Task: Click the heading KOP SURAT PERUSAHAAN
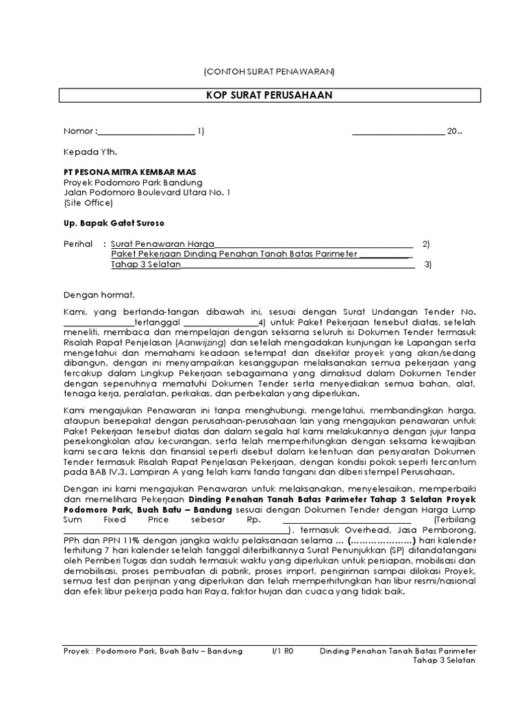(x=269, y=95)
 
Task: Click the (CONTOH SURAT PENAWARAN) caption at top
(x=269, y=71)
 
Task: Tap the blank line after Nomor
(x=147, y=132)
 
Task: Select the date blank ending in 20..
(x=398, y=132)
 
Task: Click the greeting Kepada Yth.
(x=86, y=151)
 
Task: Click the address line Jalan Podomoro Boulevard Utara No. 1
(x=147, y=193)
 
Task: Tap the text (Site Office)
(x=87, y=204)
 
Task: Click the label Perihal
(x=78, y=243)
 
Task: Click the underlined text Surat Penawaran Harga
(x=163, y=243)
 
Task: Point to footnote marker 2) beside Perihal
(x=426, y=243)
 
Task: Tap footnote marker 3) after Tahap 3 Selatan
(x=428, y=265)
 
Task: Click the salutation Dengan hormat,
(x=95, y=295)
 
